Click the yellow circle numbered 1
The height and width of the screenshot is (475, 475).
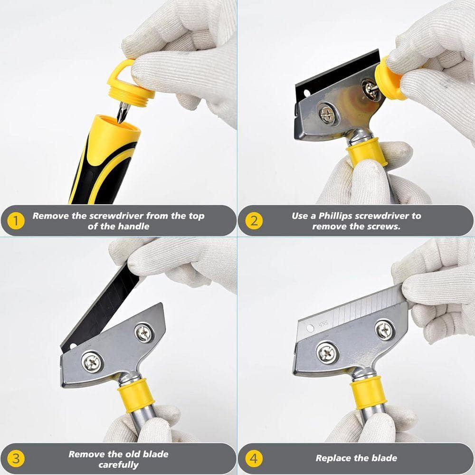pos(15,221)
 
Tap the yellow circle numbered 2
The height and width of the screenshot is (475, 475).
pos(254,221)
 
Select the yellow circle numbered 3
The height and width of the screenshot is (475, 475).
pos(15,459)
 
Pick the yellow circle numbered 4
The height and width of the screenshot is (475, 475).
pos(254,459)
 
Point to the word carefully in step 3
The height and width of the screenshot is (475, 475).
pos(118,465)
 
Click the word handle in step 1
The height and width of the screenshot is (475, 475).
pos(133,226)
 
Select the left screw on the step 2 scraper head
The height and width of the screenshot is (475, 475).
pos(327,114)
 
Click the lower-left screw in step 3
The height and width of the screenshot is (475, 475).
pos(92,361)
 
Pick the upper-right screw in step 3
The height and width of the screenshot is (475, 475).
pos(144,333)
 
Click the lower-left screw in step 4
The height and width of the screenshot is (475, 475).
pos(327,352)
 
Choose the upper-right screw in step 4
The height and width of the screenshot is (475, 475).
pos(384,330)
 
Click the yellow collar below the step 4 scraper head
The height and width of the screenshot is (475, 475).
pos(368,393)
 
